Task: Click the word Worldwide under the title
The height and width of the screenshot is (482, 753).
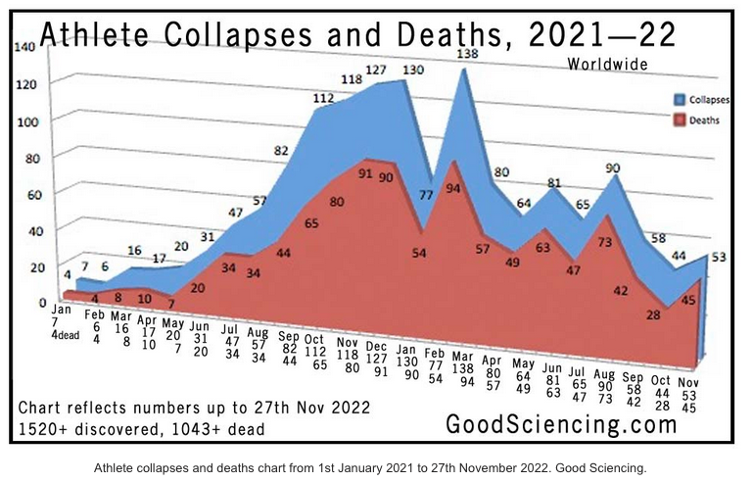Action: [x=607, y=65]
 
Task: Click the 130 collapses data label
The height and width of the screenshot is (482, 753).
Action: [x=412, y=70]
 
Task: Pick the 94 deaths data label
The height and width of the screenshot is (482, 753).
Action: [x=453, y=189]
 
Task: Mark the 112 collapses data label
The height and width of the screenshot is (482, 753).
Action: [x=324, y=98]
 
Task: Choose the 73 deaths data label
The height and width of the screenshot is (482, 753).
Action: [x=606, y=242]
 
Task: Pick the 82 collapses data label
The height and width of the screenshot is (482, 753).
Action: [x=281, y=151]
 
